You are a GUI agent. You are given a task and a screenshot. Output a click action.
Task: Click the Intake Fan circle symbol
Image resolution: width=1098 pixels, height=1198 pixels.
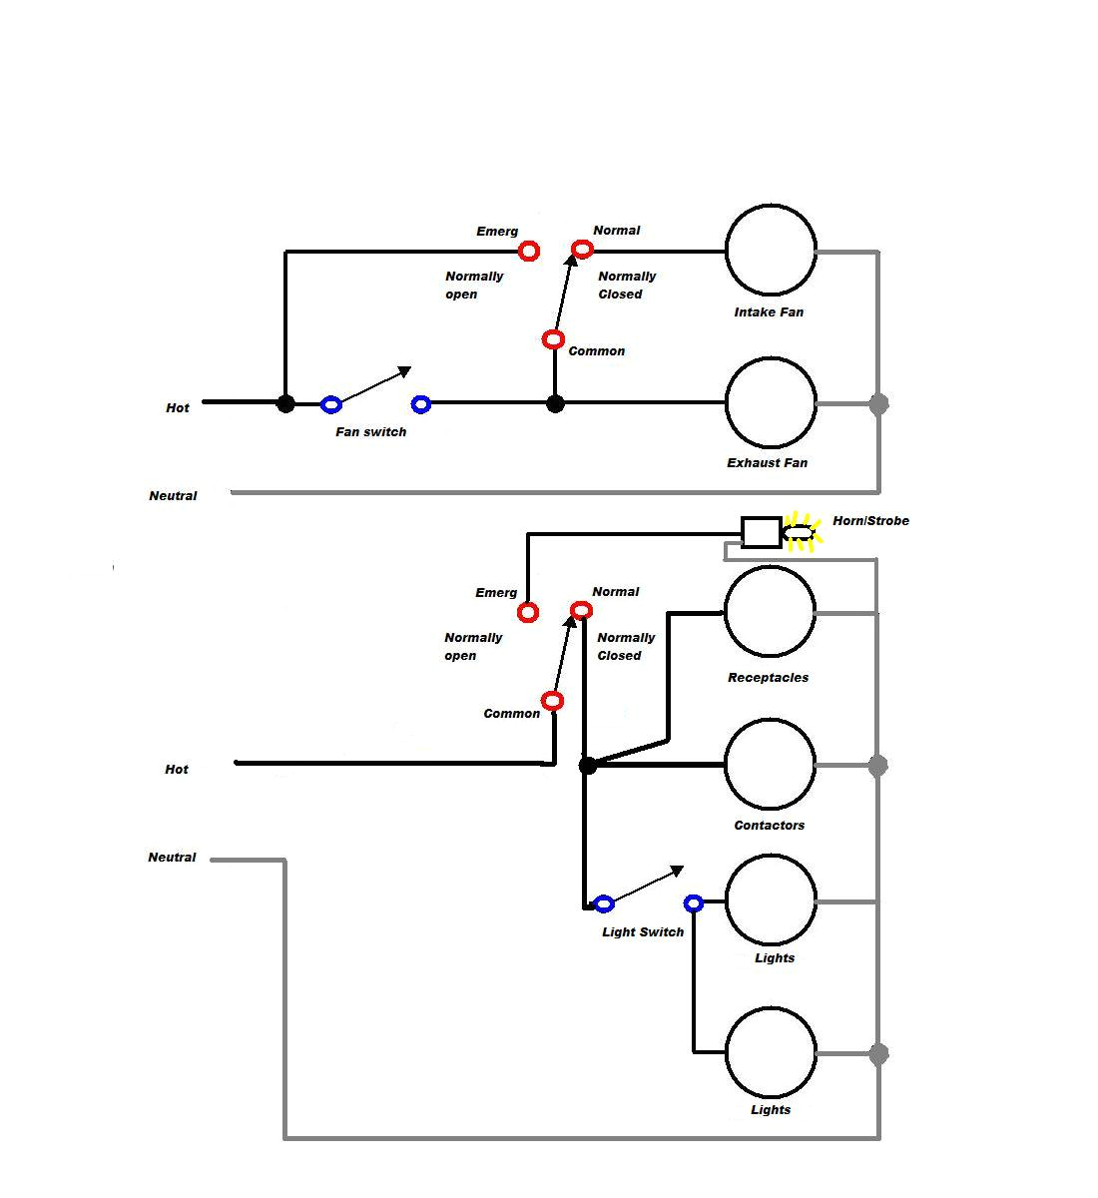pyautogui.click(x=771, y=251)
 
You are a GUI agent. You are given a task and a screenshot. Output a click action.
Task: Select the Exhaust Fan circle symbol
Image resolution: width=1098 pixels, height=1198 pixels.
pyautogui.click(x=771, y=402)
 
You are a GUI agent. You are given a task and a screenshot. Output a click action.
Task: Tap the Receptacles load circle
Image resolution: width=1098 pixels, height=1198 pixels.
pyautogui.click(x=770, y=612)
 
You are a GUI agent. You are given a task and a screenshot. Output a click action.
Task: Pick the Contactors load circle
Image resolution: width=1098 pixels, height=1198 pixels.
pyautogui.click(x=771, y=765)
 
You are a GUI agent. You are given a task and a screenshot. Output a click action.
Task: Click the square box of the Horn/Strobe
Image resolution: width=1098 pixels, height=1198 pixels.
pyautogui.click(x=762, y=532)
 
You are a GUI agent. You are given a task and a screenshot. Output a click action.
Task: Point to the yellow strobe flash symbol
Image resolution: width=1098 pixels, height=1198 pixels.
pyautogui.click(x=800, y=532)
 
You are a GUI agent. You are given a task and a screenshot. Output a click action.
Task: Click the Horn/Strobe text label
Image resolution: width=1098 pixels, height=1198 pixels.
pyautogui.click(x=870, y=520)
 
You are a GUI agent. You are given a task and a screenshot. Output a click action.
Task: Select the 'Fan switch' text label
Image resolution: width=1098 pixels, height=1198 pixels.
pyautogui.click(x=370, y=432)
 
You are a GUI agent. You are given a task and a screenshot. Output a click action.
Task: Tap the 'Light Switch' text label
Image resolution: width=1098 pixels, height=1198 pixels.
pyautogui.click(x=643, y=932)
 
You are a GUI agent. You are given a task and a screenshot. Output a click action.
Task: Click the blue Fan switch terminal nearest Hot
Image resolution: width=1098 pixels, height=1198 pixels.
pyautogui.click(x=331, y=404)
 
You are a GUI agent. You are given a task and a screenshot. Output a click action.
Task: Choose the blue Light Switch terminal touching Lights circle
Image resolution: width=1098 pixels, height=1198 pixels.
pyautogui.click(x=694, y=903)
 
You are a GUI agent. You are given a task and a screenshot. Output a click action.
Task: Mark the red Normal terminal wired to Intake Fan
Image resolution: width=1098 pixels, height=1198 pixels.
pyautogui.click(x=582, y=250)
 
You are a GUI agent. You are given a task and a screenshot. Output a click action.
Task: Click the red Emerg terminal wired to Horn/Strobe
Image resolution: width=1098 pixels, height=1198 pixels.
pyautogui.click(x=528, y=612)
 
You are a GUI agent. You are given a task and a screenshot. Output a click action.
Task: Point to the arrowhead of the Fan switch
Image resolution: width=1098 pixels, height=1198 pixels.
pyautogui.click(x=404, y=371)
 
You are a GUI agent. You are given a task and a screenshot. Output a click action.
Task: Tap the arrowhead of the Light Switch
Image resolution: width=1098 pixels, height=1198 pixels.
pyautogui.click(x=678, y=871)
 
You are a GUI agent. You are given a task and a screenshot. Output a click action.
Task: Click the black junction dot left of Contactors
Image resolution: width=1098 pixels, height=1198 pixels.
pyautogui.click(x=588, y=766)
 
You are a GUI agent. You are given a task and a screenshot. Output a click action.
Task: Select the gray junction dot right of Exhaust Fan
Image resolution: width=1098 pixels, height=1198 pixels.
pyautogui.click(x=878, y=404)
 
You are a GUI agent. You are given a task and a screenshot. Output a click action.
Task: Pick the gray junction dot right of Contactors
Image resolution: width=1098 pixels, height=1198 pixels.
pyautogui.click(x=877, y=766)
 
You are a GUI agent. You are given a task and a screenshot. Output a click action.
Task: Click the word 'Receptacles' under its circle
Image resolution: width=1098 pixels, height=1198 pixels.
pyautogui.click(x=768, y=678)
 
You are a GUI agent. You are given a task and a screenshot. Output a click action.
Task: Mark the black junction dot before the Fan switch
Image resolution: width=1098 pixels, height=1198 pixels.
pyautogui.click(x=285, y=403)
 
